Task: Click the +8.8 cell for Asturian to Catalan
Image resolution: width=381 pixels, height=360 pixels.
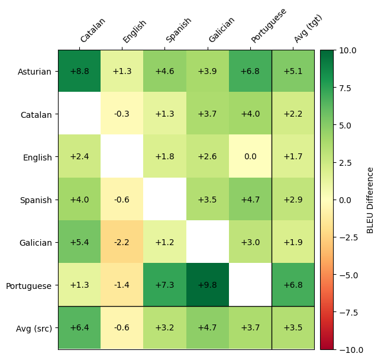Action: click(79, 72)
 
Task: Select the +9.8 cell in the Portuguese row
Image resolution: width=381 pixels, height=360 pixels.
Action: click(208, 285)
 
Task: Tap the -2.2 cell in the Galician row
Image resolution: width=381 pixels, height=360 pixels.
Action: click(122, 242)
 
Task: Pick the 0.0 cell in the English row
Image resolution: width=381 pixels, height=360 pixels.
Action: click(250, 157)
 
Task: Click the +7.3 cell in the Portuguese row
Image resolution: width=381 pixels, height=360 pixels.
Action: click(164, 285)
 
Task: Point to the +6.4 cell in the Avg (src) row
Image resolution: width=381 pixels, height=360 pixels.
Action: click(79, 327)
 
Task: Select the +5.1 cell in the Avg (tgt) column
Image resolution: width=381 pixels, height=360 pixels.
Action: click(293, 72)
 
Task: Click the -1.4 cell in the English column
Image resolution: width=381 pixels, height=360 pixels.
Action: click(122, 285)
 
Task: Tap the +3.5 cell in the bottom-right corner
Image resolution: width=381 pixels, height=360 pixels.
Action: click(293, 327)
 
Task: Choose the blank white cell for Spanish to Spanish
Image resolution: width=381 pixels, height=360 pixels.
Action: click(164, 200)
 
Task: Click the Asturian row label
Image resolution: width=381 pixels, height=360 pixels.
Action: click(35, 72)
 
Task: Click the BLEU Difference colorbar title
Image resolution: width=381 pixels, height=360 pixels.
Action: click(371, 200)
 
